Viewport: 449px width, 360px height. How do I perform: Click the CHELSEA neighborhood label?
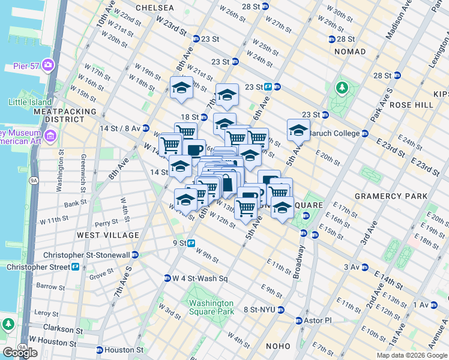pyautogui.click(x=155, y=8)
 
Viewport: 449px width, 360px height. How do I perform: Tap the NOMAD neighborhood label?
pyautogui.click(x=349, y=52)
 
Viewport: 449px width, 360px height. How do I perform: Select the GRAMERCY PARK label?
pyautogui.click(x=391, y=196)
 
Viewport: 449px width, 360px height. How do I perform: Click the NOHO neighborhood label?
pyautogui.click(x=277, y=346)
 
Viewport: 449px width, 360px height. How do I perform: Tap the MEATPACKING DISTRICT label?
pyautogui.click(x=65, y=115)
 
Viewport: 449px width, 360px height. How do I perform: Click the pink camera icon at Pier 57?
pyautogui.click(x=47, y=64)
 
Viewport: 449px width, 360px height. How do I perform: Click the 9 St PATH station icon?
pyautogui.click(x=191, y=243)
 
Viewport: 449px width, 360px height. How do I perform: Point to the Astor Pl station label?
pyautogui.click(x=319, y=320)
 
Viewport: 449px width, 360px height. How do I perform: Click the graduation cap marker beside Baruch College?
pyautogui.click(x=298, y=130)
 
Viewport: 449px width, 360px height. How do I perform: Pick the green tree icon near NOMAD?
pyautogui.click(x=342, y=89)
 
